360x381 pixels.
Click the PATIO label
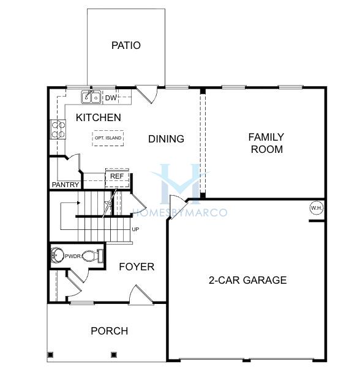(126, 45)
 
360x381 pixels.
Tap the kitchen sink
(91, 97)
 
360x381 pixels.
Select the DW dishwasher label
(111, 98)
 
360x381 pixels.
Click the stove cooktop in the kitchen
(58, 129)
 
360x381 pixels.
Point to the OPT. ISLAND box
(108, 138)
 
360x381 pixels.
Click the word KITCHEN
(99, 117)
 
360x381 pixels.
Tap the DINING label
(166, 139)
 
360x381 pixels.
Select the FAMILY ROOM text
(266, 143)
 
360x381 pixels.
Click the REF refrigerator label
(117, 176)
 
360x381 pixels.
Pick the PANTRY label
(66, 185)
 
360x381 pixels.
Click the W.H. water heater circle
(317, 208)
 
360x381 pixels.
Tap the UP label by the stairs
(135, 229)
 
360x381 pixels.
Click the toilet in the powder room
(92, 256)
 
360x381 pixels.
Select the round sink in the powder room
(57, 256)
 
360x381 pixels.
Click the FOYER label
(137, 267)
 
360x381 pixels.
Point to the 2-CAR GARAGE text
(247, 280)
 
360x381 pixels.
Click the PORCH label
(110, 331)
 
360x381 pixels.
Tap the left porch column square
(50, 355)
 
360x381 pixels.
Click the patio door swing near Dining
(148, 94)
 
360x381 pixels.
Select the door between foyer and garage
(178, 207)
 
